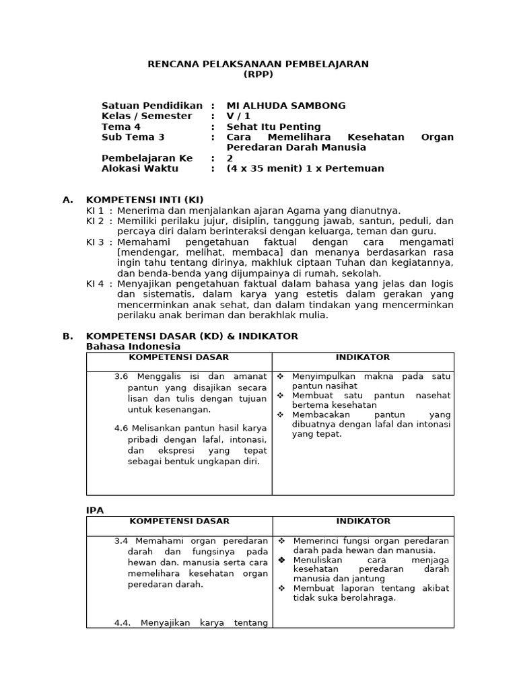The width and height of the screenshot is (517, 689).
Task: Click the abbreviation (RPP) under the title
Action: [x=258, y=75]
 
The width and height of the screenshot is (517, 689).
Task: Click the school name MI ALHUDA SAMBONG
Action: [x=286, y=106]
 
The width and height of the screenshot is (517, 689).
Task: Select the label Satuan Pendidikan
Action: [x=151, y=106]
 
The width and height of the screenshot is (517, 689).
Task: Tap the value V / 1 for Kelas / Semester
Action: [x=238, y=116]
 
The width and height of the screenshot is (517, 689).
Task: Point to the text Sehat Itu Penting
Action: [x=273, y=126]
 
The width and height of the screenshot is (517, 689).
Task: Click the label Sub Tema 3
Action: [x=133, y=137]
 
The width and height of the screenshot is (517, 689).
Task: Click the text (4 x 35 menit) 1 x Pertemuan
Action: [x=305, y=168]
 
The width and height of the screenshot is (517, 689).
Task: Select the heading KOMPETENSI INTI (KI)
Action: [x=144, y=200]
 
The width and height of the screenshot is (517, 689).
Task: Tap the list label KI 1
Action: [x=95, y=211]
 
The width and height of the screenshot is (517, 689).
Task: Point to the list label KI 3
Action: [x=95, y=242]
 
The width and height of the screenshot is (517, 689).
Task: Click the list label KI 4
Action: [x=95, y=283]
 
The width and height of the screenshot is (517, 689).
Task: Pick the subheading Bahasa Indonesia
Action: [x=133, y=347]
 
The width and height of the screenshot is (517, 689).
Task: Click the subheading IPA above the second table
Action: [x=95, y=511]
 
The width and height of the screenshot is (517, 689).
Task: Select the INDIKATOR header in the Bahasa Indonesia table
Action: [x=363, y=357]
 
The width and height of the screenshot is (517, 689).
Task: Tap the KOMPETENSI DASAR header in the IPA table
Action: [x=179, y=521]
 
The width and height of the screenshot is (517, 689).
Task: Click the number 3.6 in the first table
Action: [x=121, y=376]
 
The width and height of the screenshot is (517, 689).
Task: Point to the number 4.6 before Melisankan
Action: [x=121, y=428]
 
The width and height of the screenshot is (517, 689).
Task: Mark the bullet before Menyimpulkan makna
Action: [x=281, y=376]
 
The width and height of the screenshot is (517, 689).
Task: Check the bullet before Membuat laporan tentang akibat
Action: [x=281, y=588]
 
